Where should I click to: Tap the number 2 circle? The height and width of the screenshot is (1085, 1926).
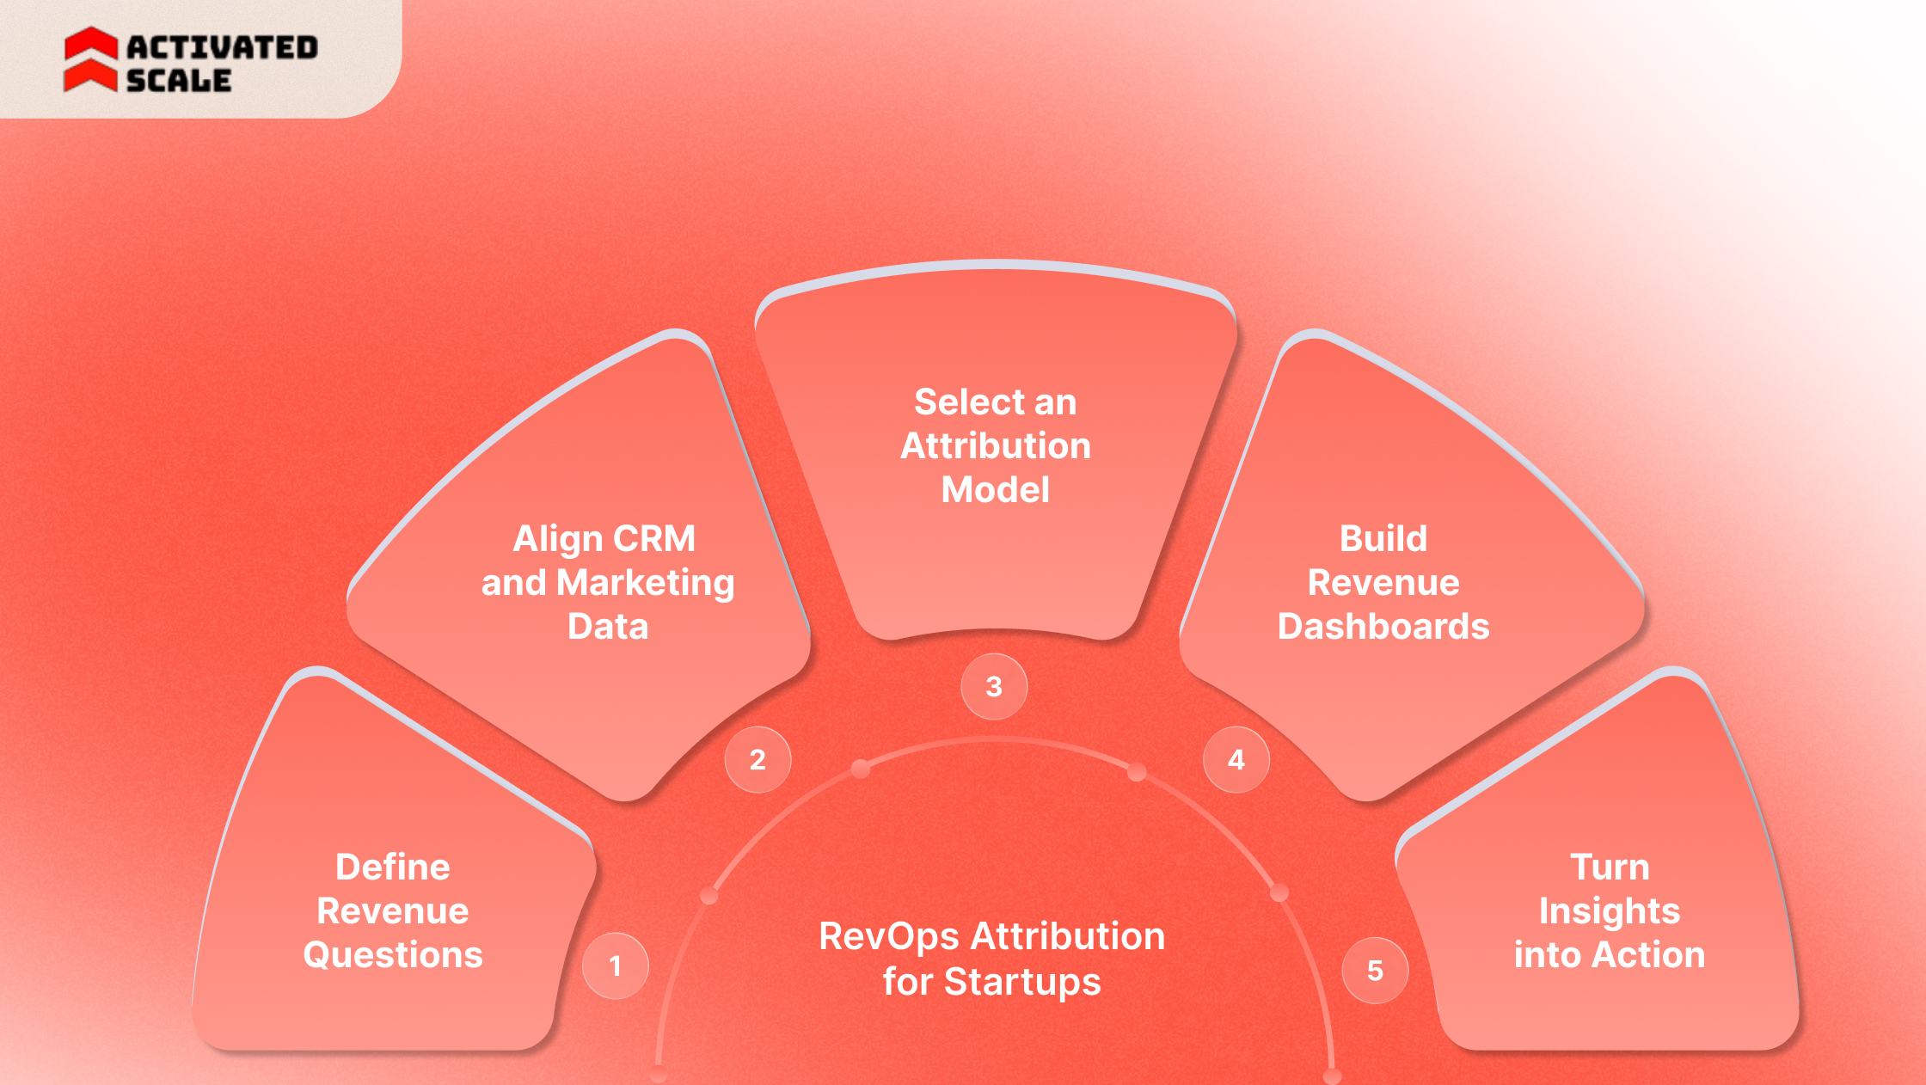pyautogui.click(x=758, y=760)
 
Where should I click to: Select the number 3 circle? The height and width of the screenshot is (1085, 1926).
pyautogui.click(x=994, y=687)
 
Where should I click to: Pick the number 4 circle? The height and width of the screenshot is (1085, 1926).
pyautogui.click(x=1236, y=760)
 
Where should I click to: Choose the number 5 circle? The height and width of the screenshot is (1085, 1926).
pyautogui.click(x=1376, y=971)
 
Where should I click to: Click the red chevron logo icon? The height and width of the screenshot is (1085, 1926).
pyautogui.click(x=90, y=59)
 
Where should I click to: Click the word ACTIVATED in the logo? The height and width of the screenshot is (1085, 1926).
pyautogui.click(x=223, y=47)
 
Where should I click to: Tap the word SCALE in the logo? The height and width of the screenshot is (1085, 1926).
pyautogui.click(x=179, y=81)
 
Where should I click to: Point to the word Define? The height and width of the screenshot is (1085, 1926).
pyautogui.click(x=393, y=867)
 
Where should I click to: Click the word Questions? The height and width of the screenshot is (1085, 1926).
pyautogui.click(x=393, y=955)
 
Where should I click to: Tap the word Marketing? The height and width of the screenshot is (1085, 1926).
pyautogui.click(x=646, y=584)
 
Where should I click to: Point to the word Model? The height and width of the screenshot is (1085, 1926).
pyautogui.click(x=996, y=490)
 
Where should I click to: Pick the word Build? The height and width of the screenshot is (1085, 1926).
pyautogui.click(x=1383, y=539)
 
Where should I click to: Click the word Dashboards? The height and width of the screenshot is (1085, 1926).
pyautogui.click(x=1383, y=627)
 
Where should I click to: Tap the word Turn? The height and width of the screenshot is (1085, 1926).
pyautogui.click(x=1610, y=867)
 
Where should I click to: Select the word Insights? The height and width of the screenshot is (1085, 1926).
pyautogui.click(x=1610, y=911)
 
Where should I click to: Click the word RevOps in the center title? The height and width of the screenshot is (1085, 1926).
pyautogui.click(x=888, y=937)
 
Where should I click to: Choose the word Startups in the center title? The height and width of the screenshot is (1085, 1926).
pyautogui.click(x=1022, y=982)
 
